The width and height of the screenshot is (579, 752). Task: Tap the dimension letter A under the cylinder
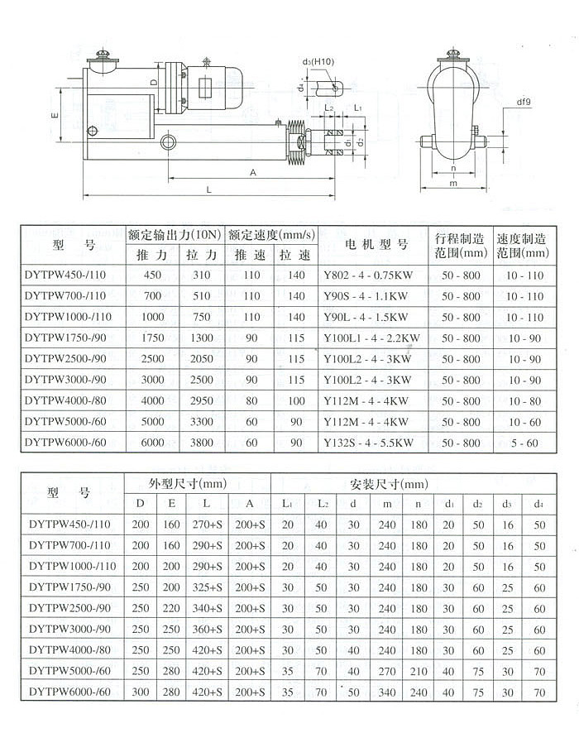pos(251,171)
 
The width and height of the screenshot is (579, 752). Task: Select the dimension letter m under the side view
pos(453,183)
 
